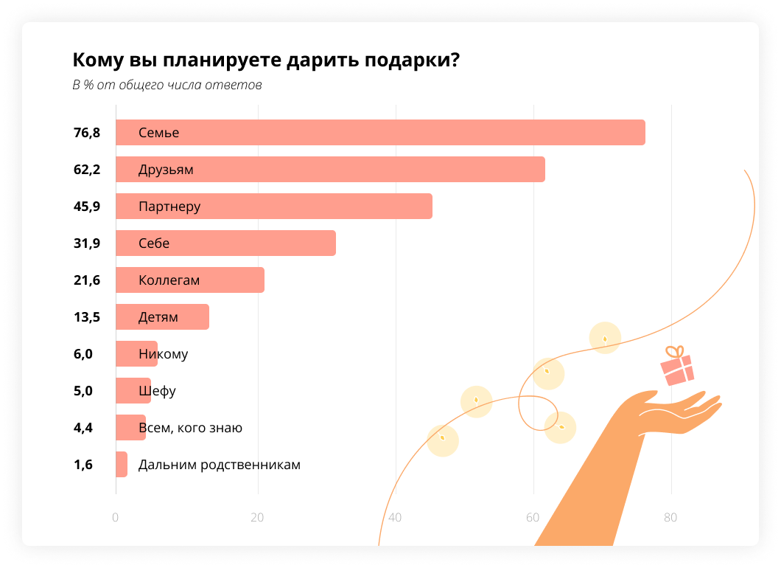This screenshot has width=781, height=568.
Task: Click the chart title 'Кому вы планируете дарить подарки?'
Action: (x=265, y=60)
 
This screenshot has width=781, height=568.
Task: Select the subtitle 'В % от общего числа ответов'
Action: (x=167, y=86)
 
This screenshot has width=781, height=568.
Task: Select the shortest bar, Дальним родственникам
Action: (x=122, y=465)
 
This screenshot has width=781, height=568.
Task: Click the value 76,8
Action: (x=86, y=133)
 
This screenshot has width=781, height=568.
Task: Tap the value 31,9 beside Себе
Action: (x=86, y=243)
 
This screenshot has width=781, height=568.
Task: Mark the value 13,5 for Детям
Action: (x=86, y=317)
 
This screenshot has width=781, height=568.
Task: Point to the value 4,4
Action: (x=83, y=428)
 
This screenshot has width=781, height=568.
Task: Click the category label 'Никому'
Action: (x=163, y=354)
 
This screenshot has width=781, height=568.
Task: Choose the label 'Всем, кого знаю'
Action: (x=190, y=428)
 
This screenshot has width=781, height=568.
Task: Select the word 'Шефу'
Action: (x=157, y=391)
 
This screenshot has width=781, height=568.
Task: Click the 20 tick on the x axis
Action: (x=257, y=518)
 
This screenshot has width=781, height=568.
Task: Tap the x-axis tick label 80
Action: (x=670, y=518)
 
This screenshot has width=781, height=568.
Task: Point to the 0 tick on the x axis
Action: (x=116, y=518)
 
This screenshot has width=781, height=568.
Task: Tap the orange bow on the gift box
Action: (x=674, y=352)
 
